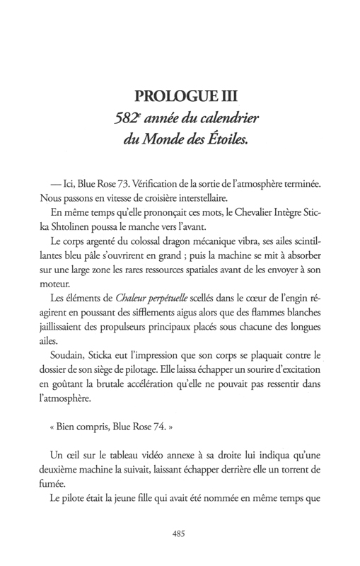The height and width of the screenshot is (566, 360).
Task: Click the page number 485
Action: point(180,534)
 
